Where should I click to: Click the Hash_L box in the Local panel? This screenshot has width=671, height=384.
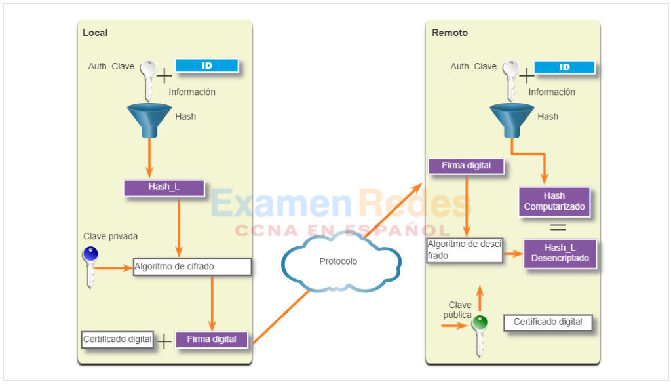point(164,187)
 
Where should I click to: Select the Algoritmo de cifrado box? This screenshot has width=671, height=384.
point(193,267)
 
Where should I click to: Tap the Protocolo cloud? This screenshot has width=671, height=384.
point(339,261)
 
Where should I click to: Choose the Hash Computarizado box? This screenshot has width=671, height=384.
point(554,202)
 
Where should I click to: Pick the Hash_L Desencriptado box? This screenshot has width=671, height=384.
point(560,253)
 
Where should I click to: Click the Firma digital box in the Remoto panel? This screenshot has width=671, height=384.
point(466,166)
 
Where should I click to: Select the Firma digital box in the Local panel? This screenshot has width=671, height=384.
point(212,339)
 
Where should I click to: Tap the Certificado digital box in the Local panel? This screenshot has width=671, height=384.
point(117,339)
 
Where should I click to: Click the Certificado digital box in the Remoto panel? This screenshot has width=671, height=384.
point(547,322)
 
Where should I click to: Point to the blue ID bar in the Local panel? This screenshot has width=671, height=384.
point(206,66)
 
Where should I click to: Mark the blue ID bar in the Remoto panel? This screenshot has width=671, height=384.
point(564,67)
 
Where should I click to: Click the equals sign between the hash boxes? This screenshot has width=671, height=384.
point(558,227)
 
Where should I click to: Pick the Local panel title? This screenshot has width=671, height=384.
point(95,33)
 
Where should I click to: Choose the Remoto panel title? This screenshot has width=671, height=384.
point(450,33)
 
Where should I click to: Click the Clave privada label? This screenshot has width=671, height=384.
point(111,237)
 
